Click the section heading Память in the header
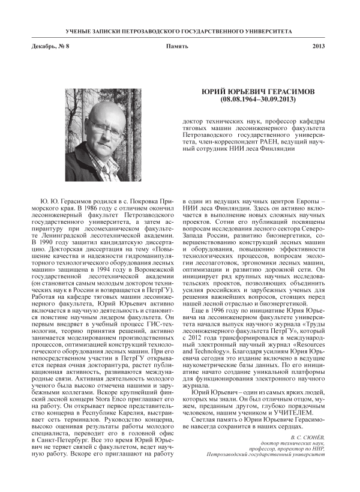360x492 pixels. point(178,46)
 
